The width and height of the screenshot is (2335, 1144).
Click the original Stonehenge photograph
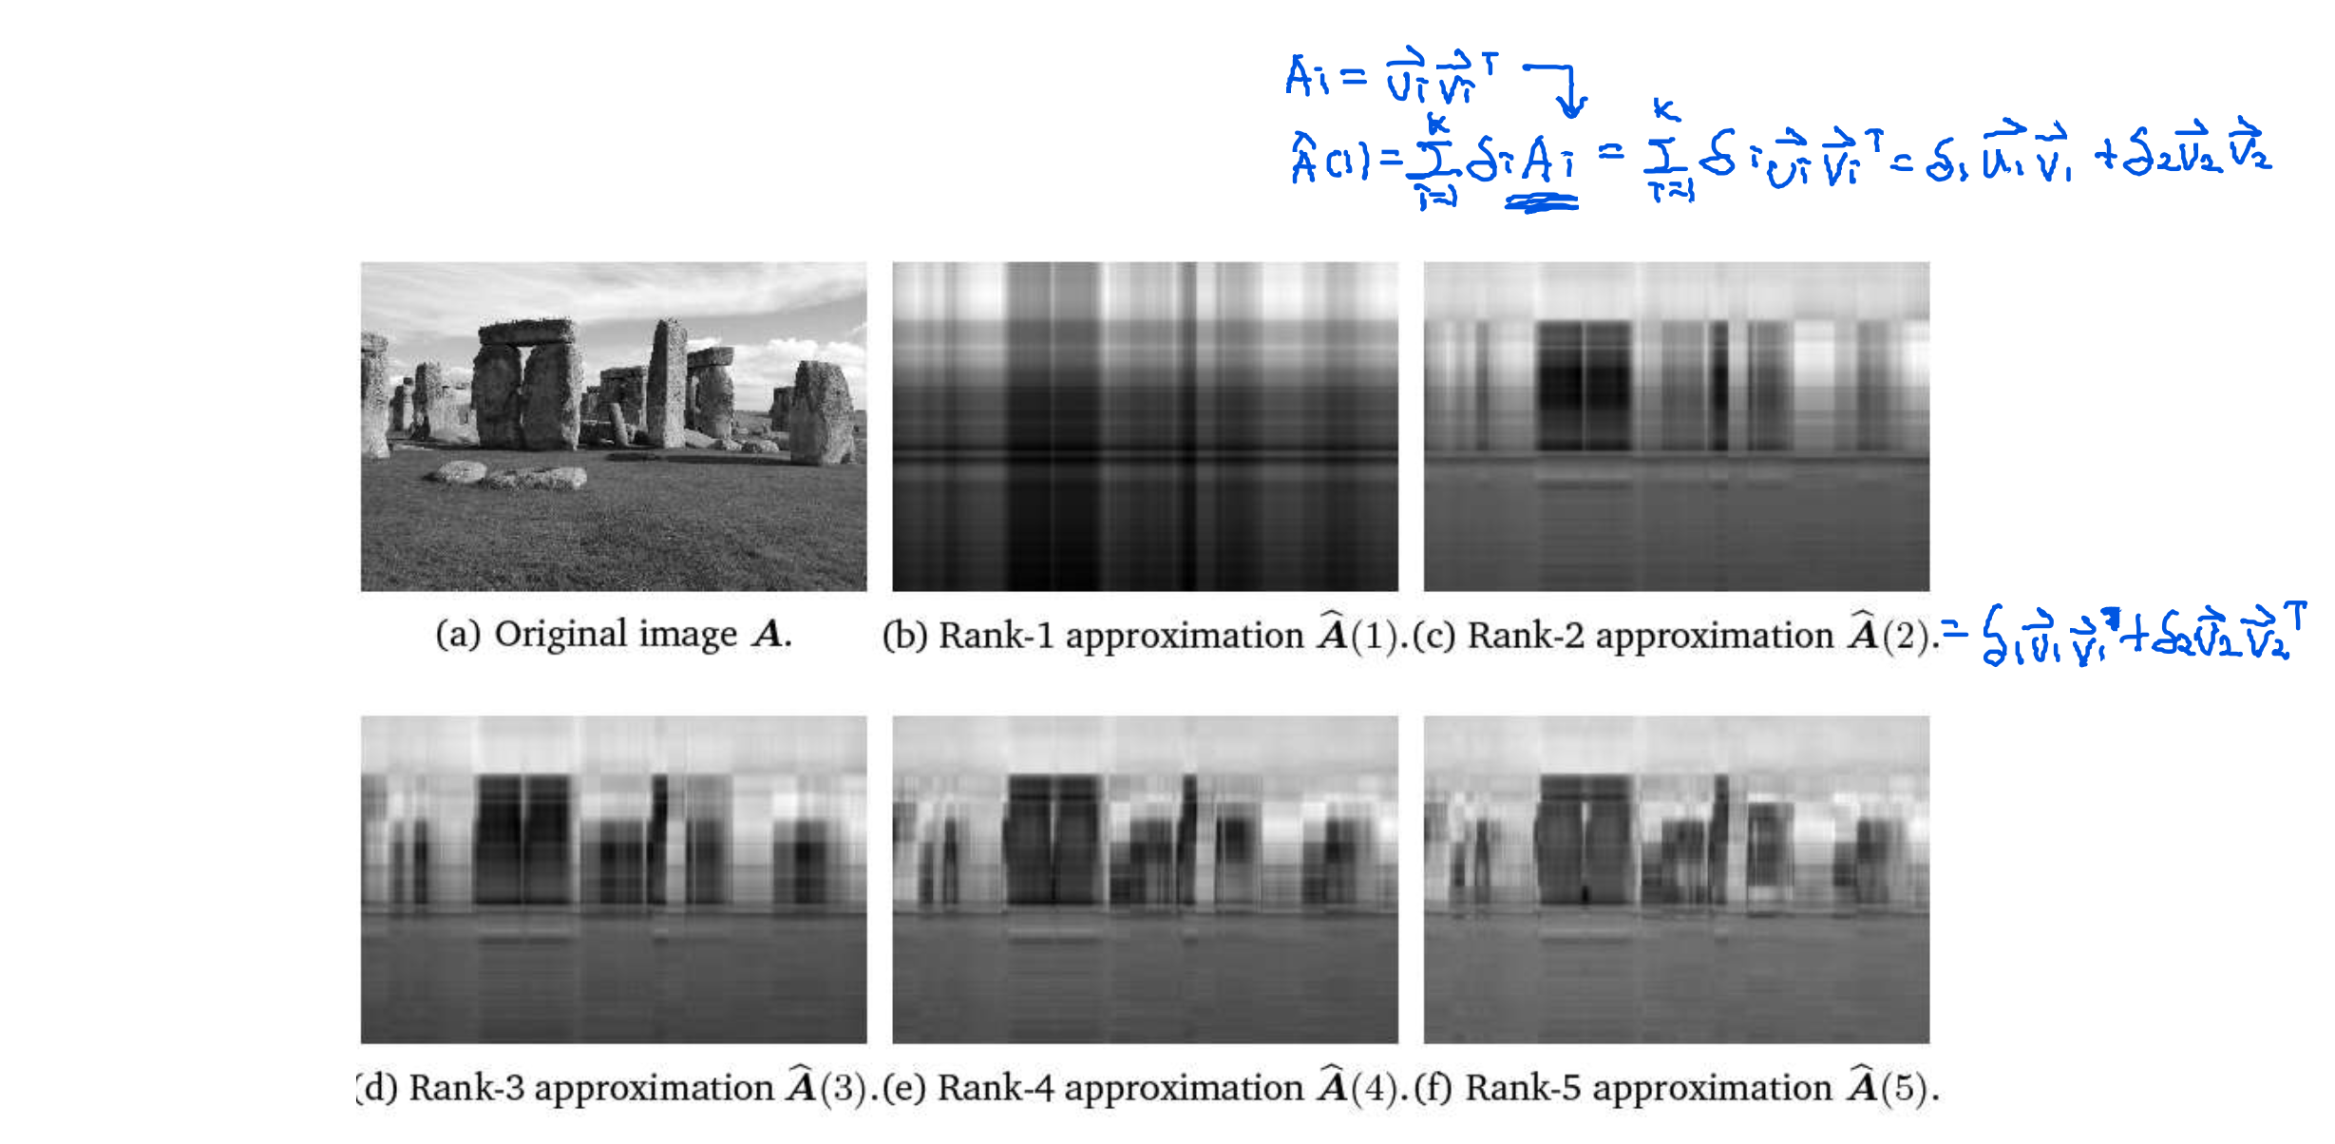coord(613,427)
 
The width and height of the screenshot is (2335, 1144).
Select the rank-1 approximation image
coord(1145,427)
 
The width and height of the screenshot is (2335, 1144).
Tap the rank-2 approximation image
coord(1676,427)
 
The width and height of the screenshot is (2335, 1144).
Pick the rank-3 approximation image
coord(613,879)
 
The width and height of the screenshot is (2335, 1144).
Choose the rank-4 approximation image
coord(1145,879)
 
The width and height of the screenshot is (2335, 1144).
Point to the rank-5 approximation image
coord(1676,879)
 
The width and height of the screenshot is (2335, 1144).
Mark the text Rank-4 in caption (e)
coord(996,1088)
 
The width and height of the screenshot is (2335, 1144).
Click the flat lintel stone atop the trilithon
coord(527,332)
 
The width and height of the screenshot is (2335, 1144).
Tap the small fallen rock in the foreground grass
coord(460,471)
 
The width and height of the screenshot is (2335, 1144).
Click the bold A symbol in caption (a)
coord(768,635)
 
